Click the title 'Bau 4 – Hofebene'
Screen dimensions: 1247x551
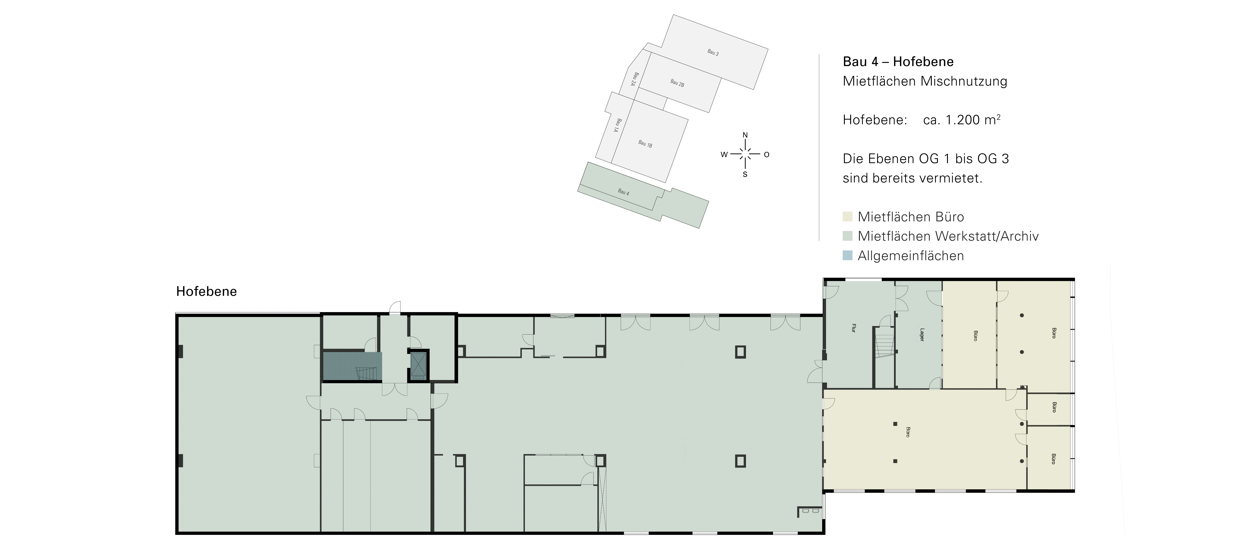[898, 61]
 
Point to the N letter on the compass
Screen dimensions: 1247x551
[745, 135]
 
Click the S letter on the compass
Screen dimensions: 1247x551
[745, 174]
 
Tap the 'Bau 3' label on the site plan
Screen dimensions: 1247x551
[713, 52]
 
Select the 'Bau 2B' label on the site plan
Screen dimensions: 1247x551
[677, 83]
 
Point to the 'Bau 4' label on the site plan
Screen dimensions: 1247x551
[624, 192]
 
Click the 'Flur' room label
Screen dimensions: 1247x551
[853, 328]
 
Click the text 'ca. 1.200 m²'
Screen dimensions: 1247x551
[962, 120]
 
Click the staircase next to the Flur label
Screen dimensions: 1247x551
[884, 342]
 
